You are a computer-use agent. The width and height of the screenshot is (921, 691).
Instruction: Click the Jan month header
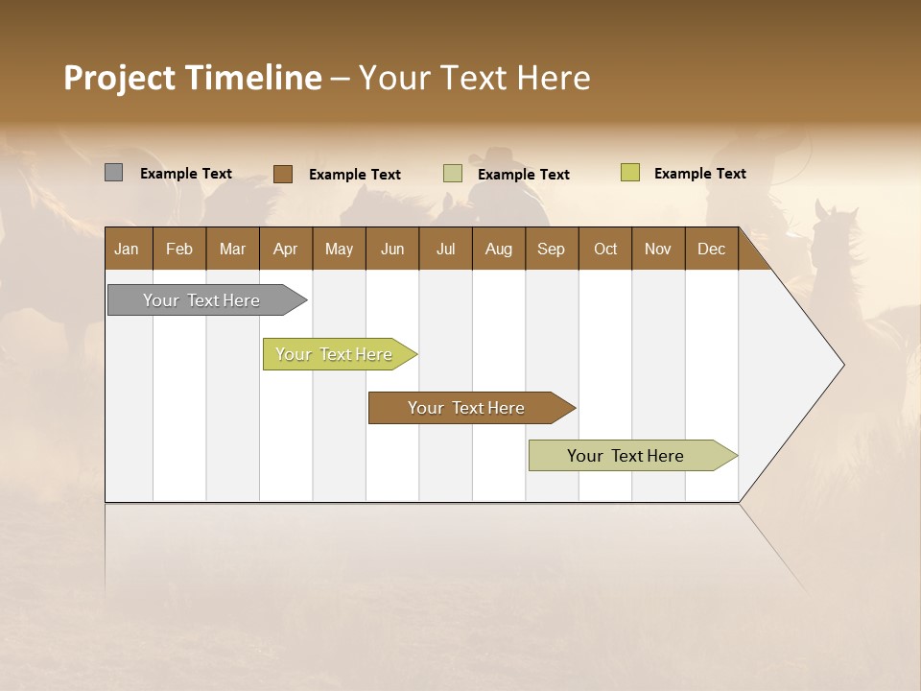128,249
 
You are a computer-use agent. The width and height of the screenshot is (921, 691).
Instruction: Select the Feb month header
179,249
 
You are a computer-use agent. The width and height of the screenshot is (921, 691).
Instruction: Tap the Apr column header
286,249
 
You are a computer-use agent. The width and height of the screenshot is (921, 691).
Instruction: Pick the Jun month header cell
392,249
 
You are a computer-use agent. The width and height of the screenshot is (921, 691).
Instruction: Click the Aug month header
499,249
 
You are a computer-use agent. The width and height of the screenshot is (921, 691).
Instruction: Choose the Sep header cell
552,249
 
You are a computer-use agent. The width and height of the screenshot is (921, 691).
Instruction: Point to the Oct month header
605,249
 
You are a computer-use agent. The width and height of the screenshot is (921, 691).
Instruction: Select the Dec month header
712,249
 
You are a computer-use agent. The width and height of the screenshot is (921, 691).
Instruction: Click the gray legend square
114,173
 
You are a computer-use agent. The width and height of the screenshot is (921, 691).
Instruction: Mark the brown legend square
283,174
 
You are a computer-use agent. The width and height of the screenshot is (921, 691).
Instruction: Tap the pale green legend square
453,174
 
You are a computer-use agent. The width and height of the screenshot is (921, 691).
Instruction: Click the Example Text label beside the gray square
186,174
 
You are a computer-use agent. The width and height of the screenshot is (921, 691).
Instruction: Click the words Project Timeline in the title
192,78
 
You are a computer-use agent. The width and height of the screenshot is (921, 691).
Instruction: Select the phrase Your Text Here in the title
475,78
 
